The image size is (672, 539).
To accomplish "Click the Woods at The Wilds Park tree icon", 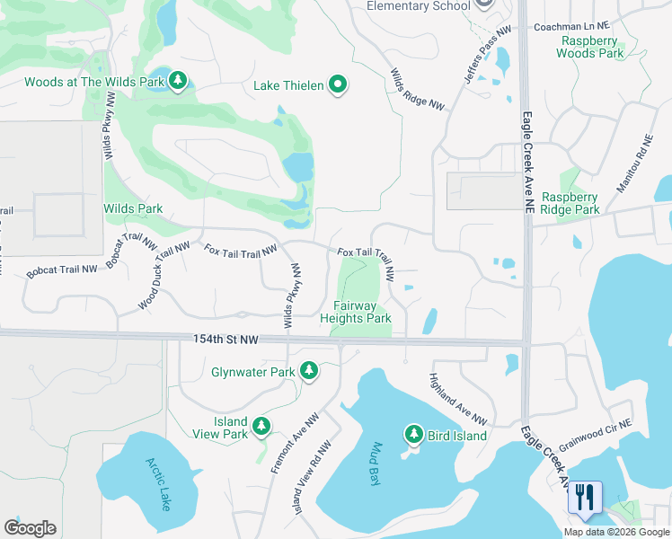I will coord(179,82).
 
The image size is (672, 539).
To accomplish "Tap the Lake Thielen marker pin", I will coord(339,85).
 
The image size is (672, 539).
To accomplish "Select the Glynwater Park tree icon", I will coord(310,371).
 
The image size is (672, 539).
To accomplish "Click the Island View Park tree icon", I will coord(261,426).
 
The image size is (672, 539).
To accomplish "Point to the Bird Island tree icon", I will coord(414,435).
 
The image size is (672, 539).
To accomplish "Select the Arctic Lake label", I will coord(158,484).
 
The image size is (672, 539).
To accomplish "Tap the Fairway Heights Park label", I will coord(357,312).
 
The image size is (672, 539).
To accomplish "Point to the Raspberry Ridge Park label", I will coord(570,203).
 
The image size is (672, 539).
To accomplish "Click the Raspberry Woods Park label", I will coord(590,47).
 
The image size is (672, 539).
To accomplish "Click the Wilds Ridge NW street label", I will coord(417,90).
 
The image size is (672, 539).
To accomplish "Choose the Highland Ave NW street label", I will coord(457,399).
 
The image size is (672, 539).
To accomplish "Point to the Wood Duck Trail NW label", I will coord(164,276).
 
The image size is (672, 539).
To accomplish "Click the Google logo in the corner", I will coord(30,528).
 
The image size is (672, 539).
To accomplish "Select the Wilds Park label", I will coord(133,208).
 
